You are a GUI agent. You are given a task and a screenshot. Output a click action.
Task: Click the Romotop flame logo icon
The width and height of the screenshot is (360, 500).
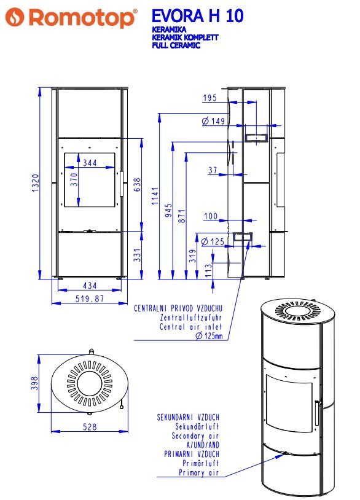click(x=15, y=17)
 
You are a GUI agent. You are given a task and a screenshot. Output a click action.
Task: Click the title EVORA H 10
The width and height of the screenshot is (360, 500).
click(x=197, y=16)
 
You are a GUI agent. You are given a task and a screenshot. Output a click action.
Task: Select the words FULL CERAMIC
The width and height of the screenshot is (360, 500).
click(x=176, y=45)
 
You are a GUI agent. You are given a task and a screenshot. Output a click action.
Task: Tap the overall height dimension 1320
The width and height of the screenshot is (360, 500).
click(x=36, y=182)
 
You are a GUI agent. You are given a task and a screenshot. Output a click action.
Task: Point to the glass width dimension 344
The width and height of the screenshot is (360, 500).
click(x=90, y=163)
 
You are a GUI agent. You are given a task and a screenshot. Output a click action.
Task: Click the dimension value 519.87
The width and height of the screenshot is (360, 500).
click(x=90, y=299)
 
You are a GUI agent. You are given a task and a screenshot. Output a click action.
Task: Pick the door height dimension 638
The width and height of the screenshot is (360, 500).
click(x=137, y=185)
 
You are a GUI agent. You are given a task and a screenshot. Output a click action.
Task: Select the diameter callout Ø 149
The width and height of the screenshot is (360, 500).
click(x=213, y=121)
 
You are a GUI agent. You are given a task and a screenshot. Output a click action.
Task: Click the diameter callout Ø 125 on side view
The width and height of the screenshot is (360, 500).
click(x=213, y=241)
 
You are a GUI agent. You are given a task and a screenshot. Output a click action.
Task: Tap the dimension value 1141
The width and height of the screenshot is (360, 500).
click(x=155, y=196)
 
